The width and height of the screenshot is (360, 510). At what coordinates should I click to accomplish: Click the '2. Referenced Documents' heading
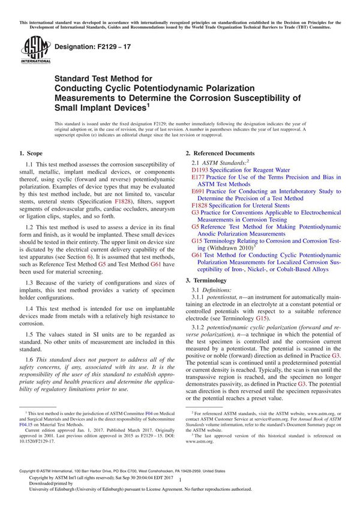tap(220, 154)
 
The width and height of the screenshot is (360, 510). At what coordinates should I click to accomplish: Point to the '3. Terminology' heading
tap(206, 280)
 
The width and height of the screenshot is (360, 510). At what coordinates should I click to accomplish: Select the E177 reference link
tap(199, 178)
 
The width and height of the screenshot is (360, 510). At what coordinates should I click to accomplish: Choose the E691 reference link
tap(199, 191)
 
